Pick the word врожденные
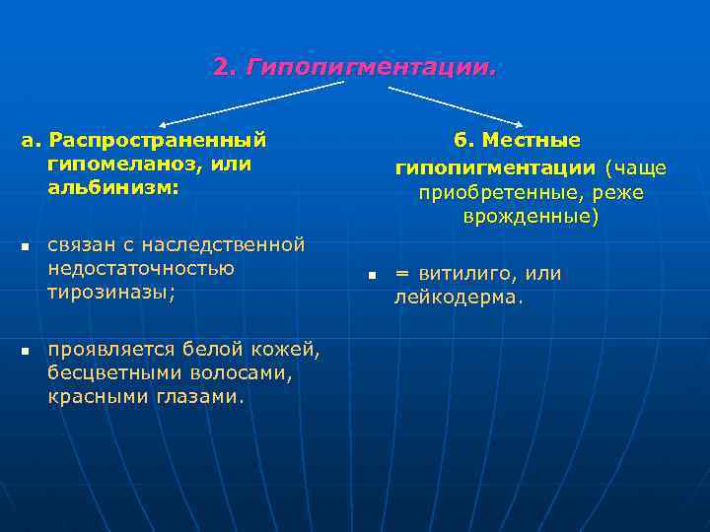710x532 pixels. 531,216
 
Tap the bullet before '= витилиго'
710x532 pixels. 374,275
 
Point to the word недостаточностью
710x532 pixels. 141,268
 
